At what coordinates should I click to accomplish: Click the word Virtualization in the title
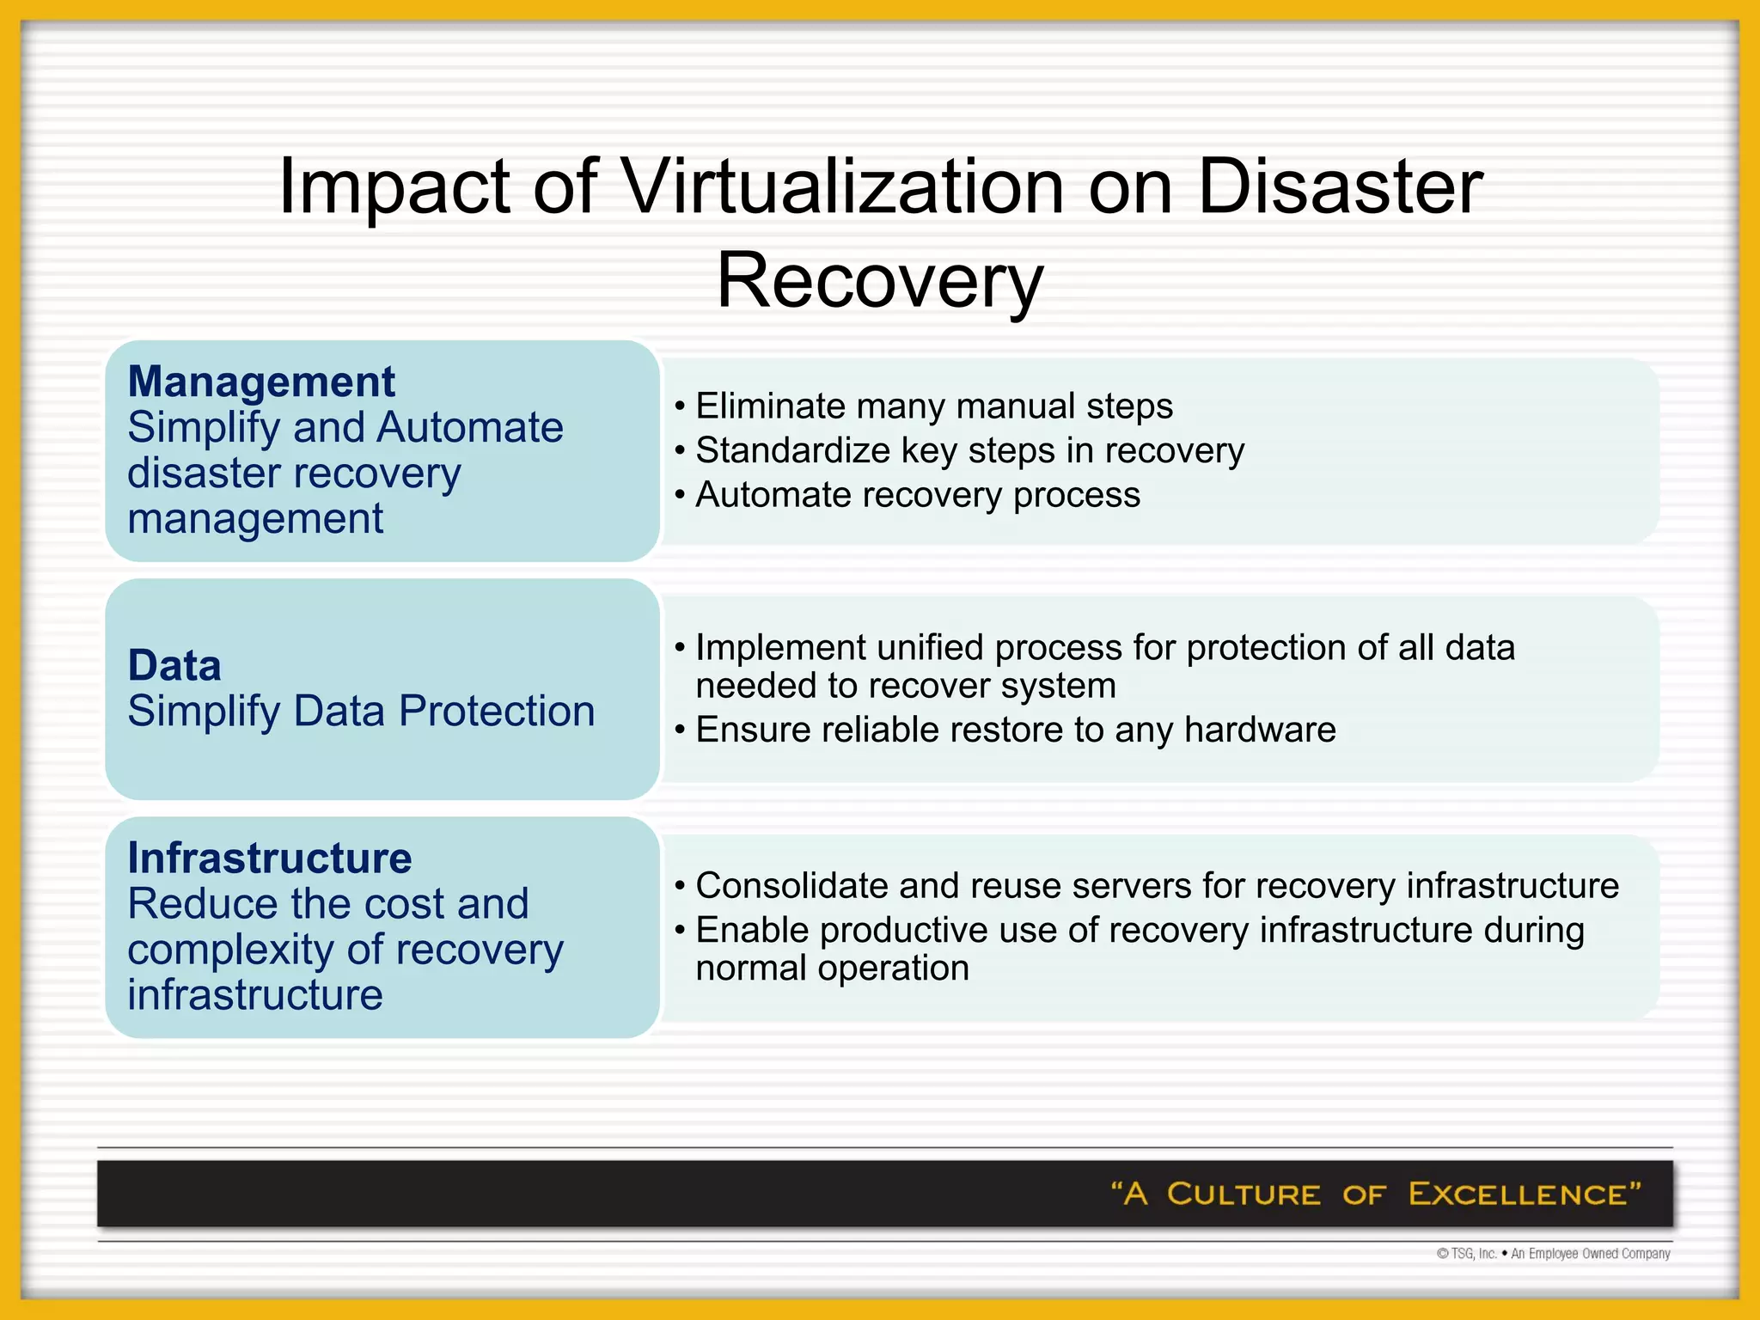tap(842, 186)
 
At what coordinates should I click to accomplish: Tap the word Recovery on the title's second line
tap(879, 281)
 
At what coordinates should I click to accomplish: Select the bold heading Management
tap(261, 382)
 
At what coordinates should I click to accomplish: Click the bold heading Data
tap(174, 666)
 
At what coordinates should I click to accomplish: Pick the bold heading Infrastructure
tap(270, 859)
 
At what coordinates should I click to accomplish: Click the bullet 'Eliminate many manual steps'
tap(933, 406)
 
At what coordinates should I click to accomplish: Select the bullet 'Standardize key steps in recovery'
tap(969, 450)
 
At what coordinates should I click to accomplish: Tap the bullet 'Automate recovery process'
tap(917, 495)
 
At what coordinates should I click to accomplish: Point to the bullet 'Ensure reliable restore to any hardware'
tap(1015, 730)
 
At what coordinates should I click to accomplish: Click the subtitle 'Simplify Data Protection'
tap(361, 712)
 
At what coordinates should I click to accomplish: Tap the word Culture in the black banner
tap(1244, 1194)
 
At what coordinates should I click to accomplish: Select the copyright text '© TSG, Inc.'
tap(1467, 1254)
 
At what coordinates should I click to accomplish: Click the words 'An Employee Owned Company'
tap(1591, 1254)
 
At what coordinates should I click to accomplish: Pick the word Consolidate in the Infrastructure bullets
tap(791, 886)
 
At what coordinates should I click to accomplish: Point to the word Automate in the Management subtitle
tap(470, 428)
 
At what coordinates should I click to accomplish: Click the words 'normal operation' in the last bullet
tap(832, 969)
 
